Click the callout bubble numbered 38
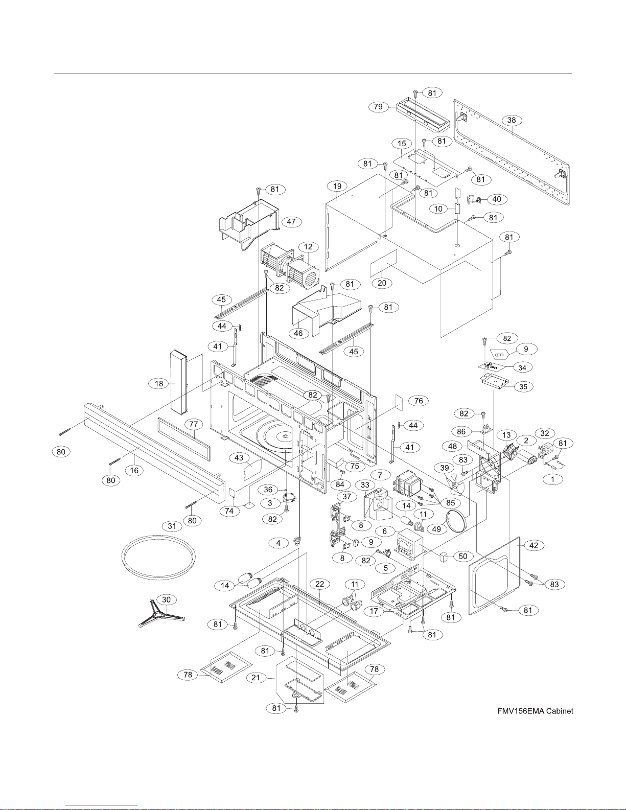pyautogui.click(x=512, y=120)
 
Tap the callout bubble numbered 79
pyautogui.click(x=378, y=107)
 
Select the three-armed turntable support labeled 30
pyautogui.click(x=161, y=614)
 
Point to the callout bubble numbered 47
pyautogui.click(x=291, y=221)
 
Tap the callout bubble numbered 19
pyautogui.click(x=337, y=187)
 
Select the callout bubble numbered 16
pyautogui.click(x=134, y=471)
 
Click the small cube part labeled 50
pyautogui.click(x=444, y=557)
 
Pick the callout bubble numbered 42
pyautogui.click(x=534, y=545)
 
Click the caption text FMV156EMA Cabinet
pyautogui.click(x=535, y=711)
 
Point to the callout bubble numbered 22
pyautogui.click(x=320, y=584)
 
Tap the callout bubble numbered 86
pyautogui.click(x=461, y=432)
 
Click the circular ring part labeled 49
pyautogui.click(x=456, y=520)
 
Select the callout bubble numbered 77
pyautogui.click(x=193, y=424)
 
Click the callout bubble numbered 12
pyautogui.click(x=308, y=247)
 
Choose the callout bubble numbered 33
pyautogui.click(x=365, y=485)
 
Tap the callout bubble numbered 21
pyautogui.click(x=256, y=677)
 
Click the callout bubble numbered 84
pyautogui.click(x=340, y=484)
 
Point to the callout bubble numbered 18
pyautogui.click(x=159, y=384)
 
